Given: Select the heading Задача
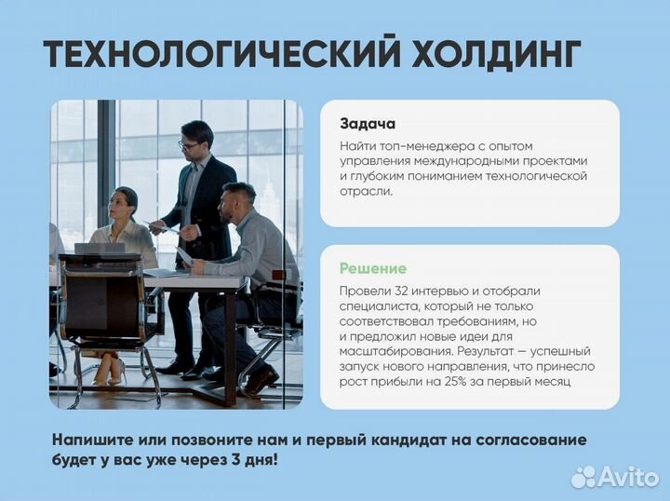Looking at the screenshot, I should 368,124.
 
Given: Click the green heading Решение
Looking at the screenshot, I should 373,268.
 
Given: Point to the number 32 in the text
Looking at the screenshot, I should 404,291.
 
